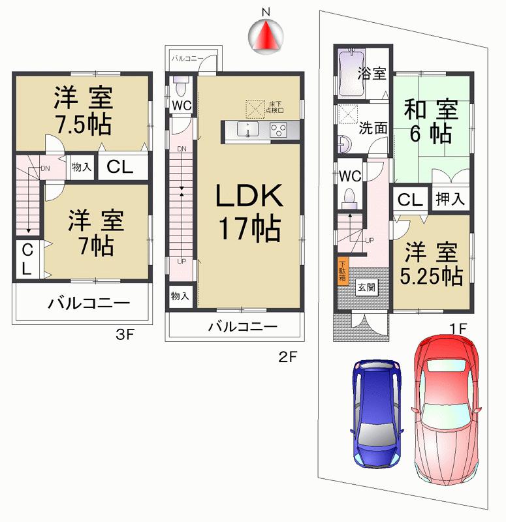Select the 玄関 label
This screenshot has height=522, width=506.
pyautogui.click(x=365, y=286)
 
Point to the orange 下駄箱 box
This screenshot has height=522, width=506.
pyautogui.click(x=342, y=270)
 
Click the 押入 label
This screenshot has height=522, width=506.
pyautogui.click(x=450, y=199)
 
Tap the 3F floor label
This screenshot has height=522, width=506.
pyautogui.click(x=125, y=335)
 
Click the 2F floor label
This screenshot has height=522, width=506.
pyautogui.click(x=288, y=356)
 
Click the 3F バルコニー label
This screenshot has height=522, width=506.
pyautogui.click(x=87, y=303)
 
